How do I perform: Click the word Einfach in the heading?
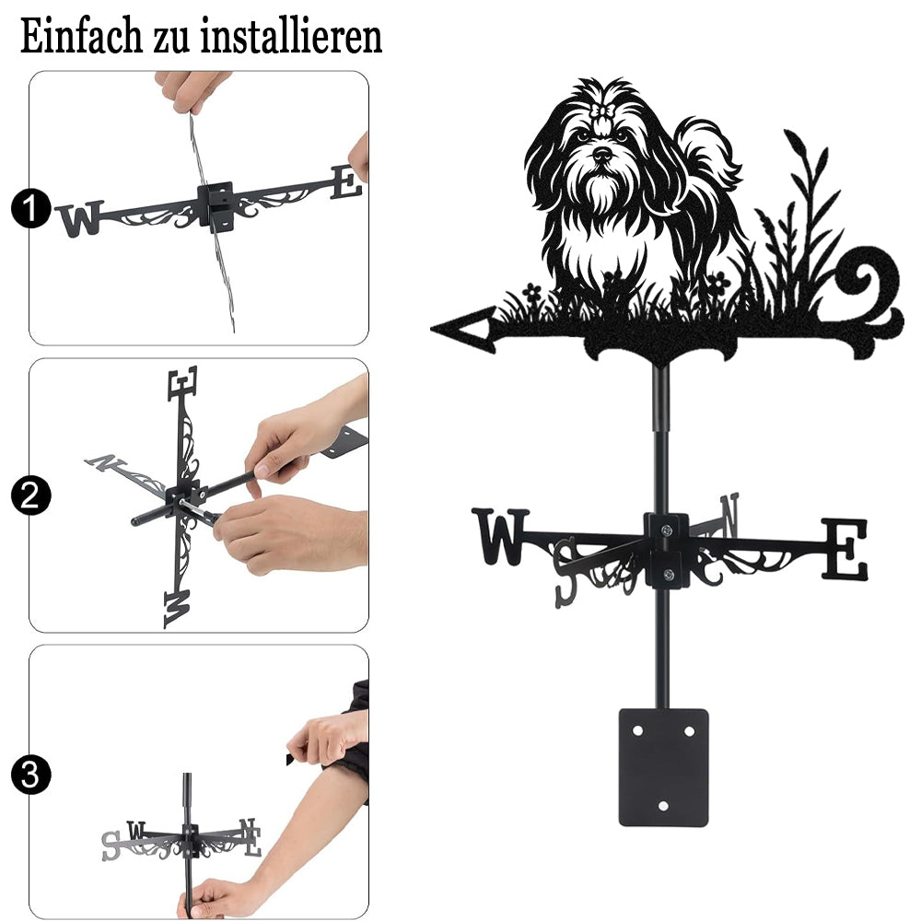pyautogui.click(x=82, y=37)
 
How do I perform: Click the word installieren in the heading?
pyautogui.click(x=291, y=37)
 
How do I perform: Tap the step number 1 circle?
pyautogui.click(x=30, y=208)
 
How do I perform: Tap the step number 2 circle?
pyautogui.click(x=30, y=495)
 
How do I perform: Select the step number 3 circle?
pyautogui.click(x=30, y=775)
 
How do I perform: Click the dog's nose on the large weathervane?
pyautogui.click(x=602, y=155)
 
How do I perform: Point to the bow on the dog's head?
pyautogui.click(x=602, y=111)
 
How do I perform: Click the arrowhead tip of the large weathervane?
pyautogui.click(x=432, y=329)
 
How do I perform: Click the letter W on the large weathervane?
pyautogui.click(x=500, y=536)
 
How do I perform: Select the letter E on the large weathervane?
pyautogui.click(x=845, y=549)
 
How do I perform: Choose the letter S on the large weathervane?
pyautogui.click(x=566, y=573)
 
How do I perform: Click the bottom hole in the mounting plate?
pyautogui.click(x=663, y=806)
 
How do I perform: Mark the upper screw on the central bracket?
pyautogui.click(x=666, y=531)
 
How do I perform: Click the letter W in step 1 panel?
pyautogui.click(x=80, y=218)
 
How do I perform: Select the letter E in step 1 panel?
pyautogui.click(x=346, y=182)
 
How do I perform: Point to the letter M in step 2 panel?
pyautogui.click(x=177, y=609)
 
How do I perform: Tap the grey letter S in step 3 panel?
pyautogui.click(x=110, y=845)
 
